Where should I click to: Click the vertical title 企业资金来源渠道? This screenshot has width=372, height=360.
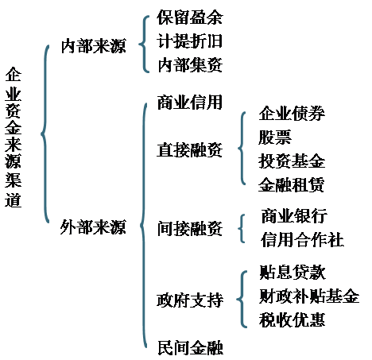point(13,137)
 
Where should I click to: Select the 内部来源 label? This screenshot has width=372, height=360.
point(94,46)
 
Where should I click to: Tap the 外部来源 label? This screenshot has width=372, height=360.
point(93,227)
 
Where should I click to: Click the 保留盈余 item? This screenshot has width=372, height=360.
point(190,17)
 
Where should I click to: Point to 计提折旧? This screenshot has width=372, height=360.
point(190,41)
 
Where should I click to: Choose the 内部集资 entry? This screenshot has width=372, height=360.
point(190,65)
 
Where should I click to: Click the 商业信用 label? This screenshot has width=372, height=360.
point(190,103)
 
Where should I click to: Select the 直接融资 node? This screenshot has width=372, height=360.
point(190,150)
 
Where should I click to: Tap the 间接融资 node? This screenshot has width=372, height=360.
point(190,228)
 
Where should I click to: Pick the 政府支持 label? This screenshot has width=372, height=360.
point(190,300)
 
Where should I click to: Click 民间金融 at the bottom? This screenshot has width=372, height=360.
point(190,347)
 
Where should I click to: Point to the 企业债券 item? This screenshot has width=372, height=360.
point(292,114)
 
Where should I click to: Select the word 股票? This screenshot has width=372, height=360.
point(275,137)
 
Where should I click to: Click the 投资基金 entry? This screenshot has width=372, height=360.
point(292,161)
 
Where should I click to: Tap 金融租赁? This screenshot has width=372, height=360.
point(292,184)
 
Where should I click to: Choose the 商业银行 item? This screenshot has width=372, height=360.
point(294,215)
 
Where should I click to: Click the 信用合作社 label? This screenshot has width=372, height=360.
point(302,239)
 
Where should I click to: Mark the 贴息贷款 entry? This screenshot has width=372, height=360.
point(293,272)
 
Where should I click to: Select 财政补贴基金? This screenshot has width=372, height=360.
point(309,296)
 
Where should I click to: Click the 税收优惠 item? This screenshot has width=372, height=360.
point(292,319)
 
